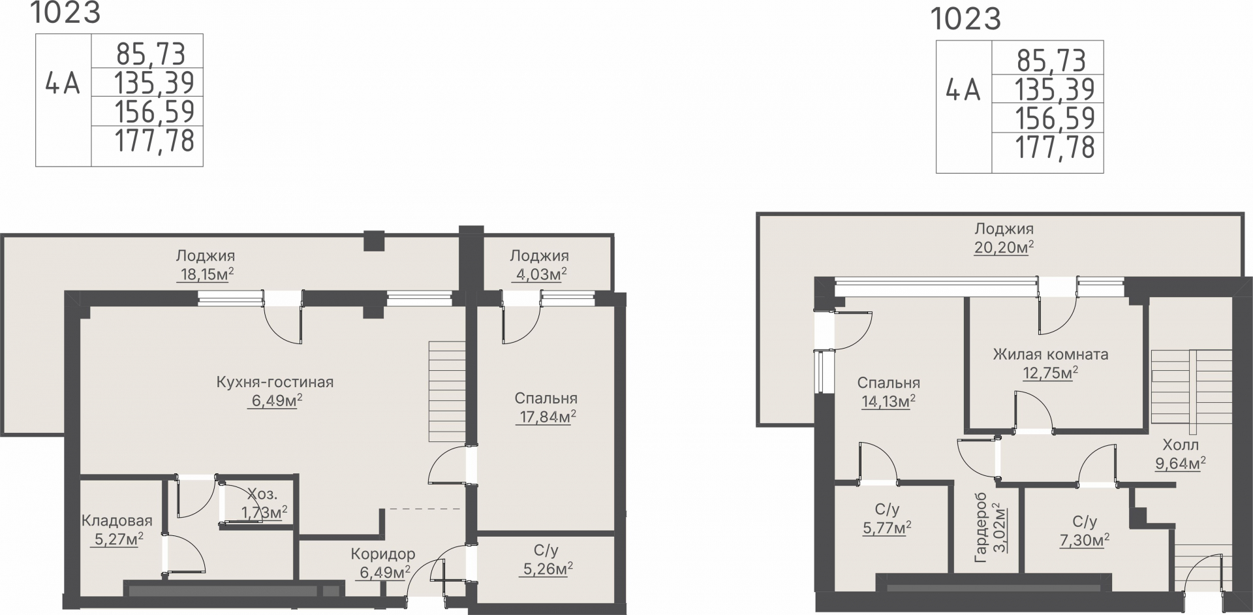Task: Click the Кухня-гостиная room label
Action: (275, 382)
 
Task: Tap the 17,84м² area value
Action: (546, 417)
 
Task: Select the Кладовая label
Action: (117, 520)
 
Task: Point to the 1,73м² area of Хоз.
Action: (264, 512)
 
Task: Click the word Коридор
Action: (383, 554)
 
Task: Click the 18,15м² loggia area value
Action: (206, 274)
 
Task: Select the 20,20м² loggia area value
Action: (1004, 247)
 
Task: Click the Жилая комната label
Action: (1051, 355)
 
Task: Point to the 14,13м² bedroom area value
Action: (888, 401)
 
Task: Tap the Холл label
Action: (1181, 445)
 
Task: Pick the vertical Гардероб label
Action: (980, 532)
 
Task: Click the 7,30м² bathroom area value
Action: (1084, 541)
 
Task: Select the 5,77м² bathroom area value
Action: (887, 528)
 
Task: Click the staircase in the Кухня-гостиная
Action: (447, 391)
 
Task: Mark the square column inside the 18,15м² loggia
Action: (374, 241)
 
